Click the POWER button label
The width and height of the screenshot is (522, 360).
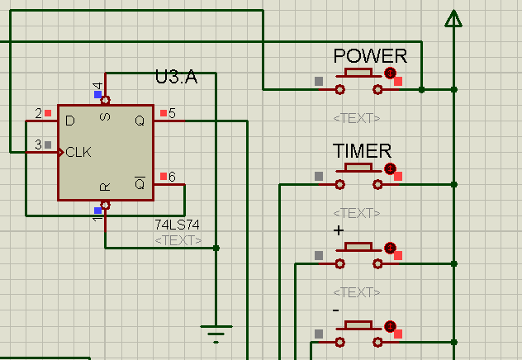point(370,56)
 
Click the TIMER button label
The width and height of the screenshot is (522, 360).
point(362,151)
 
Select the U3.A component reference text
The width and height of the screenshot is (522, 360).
point(176,78)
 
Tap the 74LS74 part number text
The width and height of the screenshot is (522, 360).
point(177,225)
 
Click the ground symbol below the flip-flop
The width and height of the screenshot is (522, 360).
point(216,333)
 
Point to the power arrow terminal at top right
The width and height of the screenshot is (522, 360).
point(453,18)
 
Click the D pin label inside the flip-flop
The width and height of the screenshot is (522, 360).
point(70,121)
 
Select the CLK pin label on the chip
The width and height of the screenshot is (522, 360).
point(79,152)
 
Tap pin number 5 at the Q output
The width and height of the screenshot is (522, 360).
point(172,113)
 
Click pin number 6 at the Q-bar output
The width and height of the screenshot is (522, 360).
point(172,177)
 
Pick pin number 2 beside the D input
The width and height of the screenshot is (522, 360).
point(38,113)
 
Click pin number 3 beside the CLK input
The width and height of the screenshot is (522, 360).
point(38,145)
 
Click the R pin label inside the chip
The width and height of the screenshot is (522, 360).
point(105,187)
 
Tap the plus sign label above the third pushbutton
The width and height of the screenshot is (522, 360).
point(338,230)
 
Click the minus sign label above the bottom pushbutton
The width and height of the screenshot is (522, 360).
point(336,309)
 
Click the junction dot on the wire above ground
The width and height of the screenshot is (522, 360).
point(216,248)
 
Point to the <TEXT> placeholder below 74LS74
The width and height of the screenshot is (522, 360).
point(178,240)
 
